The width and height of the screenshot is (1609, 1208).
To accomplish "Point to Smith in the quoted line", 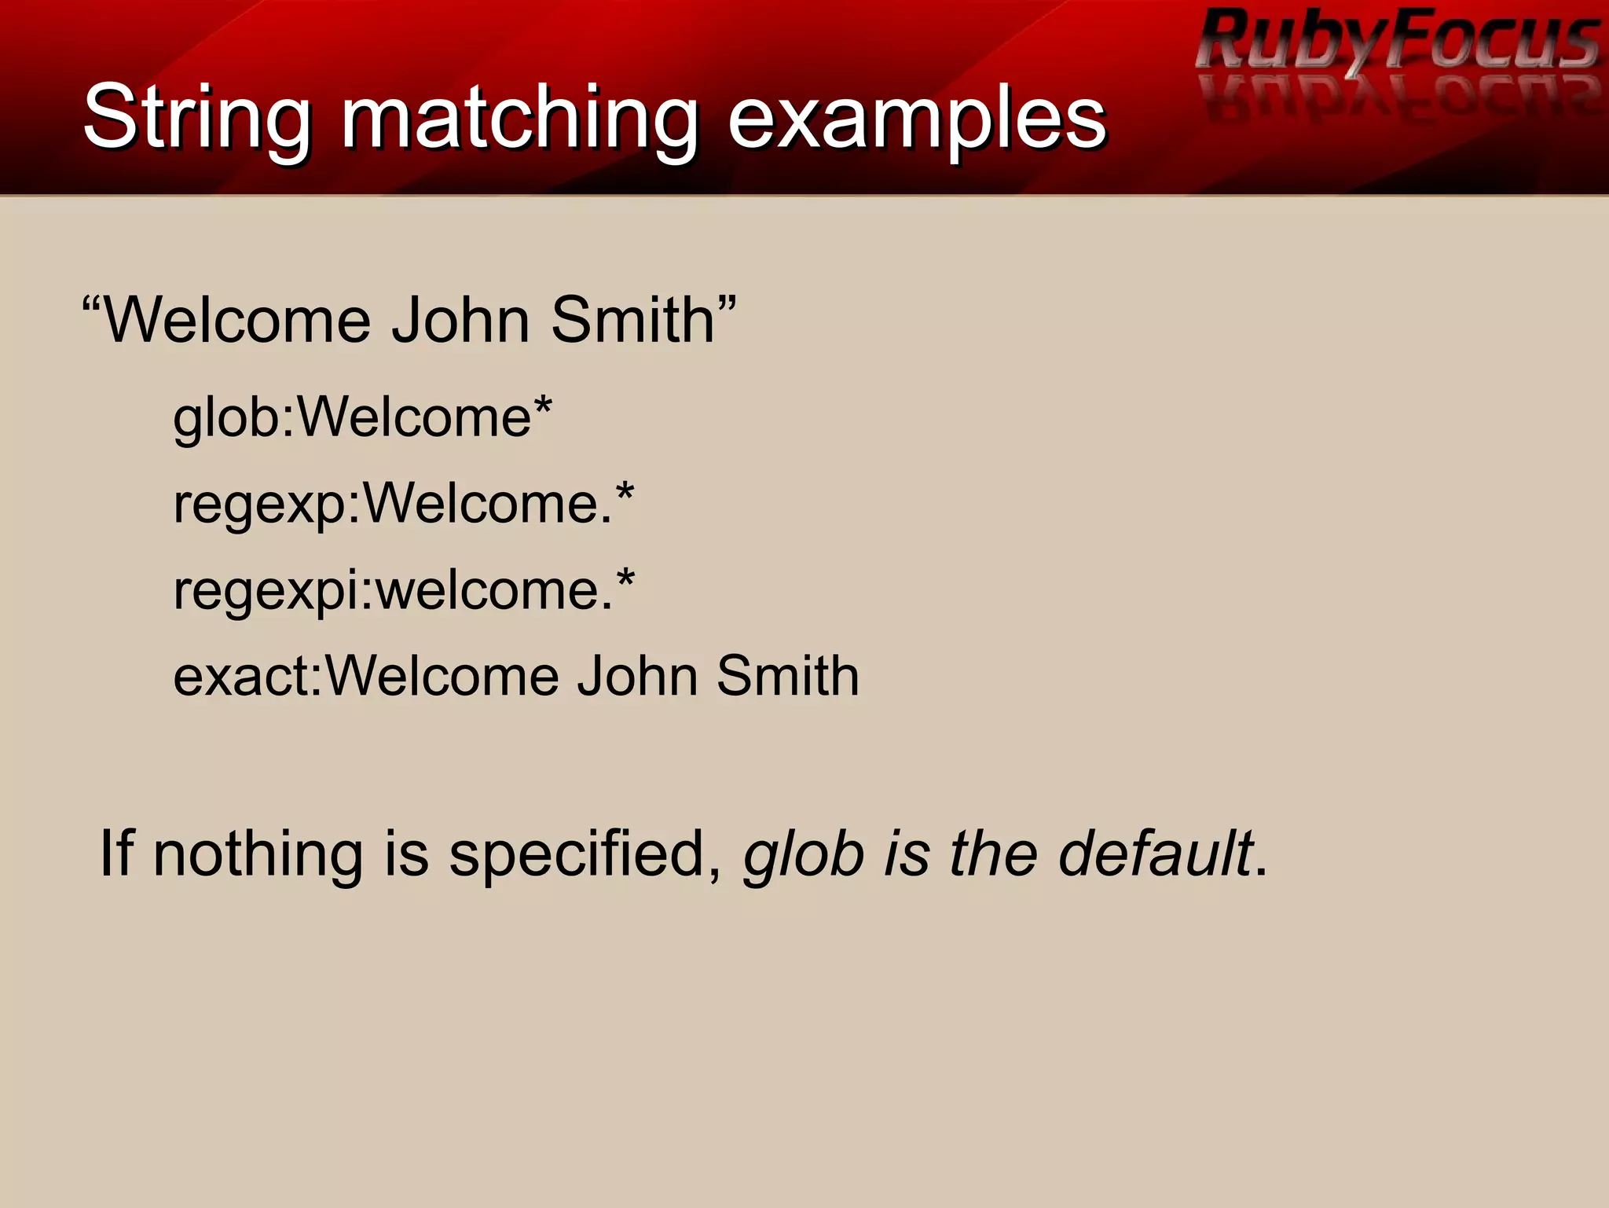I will tap(632, 321).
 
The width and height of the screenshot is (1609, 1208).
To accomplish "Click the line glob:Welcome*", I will tap(362, 417).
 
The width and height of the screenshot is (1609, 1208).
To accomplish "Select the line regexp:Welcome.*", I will tap(403, 503).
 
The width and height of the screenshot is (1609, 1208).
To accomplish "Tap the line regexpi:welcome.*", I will tap(403, 589).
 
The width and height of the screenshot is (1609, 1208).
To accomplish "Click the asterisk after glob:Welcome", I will tap(543, 407).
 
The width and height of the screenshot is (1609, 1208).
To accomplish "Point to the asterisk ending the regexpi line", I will tap(625, 580).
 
